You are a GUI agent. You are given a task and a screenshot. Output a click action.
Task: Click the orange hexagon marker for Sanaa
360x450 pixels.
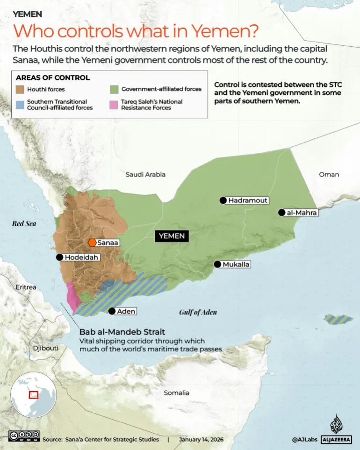coord(92,243)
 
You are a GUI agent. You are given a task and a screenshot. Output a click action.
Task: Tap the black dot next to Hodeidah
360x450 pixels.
coord(59,257)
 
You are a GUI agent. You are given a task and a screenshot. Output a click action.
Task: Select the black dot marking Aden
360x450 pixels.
coord(112,311)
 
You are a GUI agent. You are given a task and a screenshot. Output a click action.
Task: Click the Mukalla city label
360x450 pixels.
coord(236,264)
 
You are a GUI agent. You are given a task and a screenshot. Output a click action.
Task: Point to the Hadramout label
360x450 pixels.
coord(248,200)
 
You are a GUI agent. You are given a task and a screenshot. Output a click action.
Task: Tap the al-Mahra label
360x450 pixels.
coord(302,213)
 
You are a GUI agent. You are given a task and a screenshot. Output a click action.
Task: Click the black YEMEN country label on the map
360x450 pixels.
coord(172,236)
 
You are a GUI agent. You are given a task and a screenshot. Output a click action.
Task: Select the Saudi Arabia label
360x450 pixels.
coord(145,174)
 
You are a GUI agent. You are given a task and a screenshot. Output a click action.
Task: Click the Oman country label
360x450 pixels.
coord(329,174)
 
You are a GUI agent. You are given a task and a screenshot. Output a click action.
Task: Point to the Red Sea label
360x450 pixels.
coord(24,224)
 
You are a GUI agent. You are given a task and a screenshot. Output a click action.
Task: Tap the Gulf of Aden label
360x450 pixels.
coord(198,312)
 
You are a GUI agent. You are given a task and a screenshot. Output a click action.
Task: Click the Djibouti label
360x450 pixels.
coord(46,348)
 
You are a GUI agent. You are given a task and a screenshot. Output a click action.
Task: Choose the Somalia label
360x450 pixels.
coord(176,393)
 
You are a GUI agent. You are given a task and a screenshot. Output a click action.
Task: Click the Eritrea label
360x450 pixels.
coord(26,287)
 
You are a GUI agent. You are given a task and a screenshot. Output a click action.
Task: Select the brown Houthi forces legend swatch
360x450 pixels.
coord(20,89)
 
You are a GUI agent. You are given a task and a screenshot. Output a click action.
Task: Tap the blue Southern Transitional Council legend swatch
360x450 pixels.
coord(20,104)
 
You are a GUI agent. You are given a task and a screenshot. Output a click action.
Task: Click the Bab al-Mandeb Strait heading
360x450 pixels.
coord(122,332)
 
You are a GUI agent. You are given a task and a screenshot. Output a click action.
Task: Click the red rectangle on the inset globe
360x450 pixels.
coord(34,395)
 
